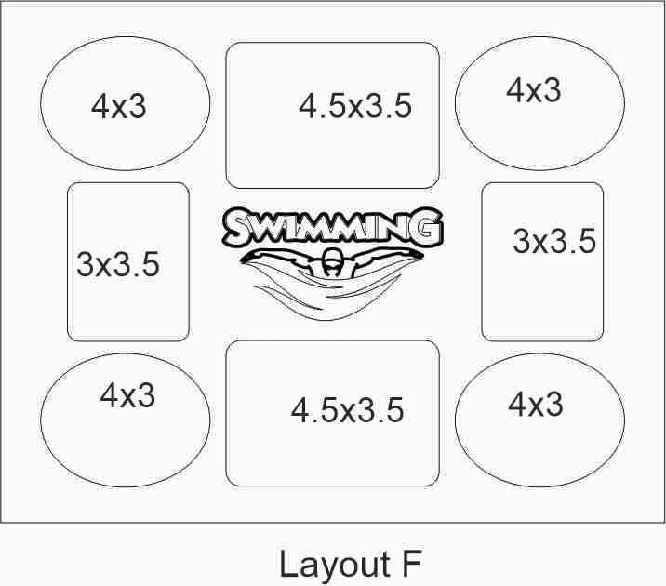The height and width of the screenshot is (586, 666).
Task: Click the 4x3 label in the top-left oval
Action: tap(118, 106)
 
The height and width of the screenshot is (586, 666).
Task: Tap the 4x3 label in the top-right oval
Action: tap(534, 90)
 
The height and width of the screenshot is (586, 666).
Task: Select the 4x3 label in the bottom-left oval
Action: tap(127, 395)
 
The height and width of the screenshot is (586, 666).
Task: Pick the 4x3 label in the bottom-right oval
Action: tap(536, 404)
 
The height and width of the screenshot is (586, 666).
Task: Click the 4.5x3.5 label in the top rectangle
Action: tap(355, 105)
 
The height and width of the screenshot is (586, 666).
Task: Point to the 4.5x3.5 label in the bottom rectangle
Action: tap(348, 410)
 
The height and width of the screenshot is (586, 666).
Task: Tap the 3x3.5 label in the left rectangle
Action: tap(118, 264)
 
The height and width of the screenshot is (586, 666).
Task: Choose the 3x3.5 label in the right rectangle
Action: tap(554, 241)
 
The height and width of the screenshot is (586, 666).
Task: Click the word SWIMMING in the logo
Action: tap(333, 227)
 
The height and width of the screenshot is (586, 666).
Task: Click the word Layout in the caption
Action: tap(335, 564)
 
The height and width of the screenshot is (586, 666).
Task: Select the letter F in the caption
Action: tap(411, 563)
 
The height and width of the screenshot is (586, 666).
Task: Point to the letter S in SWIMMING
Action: tap(238, 229)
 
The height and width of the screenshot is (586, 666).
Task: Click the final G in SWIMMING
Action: tap(428, 226)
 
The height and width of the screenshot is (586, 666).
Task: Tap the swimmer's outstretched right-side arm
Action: tap(383, 257)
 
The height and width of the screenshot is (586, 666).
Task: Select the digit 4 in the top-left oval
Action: tap(100, 106)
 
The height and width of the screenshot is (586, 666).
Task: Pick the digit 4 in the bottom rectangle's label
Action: tap(300, 410)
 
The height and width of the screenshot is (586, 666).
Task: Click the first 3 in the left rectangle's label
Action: tap(85, 264)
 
